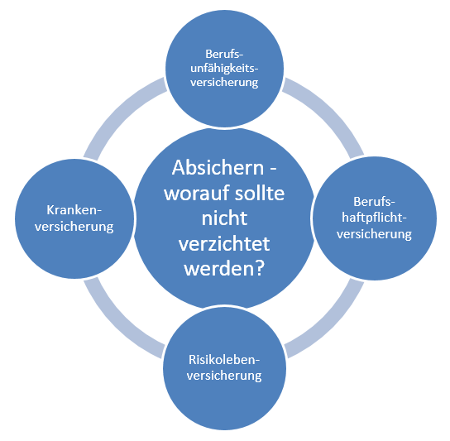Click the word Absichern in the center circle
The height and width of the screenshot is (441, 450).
pos(218,168)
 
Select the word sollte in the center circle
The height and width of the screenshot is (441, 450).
pos(260,193)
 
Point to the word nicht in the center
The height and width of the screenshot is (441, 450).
pos(224,218)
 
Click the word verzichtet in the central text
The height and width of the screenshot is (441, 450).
pos(224,244)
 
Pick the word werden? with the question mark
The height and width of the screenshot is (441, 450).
pos(224,269)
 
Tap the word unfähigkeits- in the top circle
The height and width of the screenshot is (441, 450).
pos(224,70)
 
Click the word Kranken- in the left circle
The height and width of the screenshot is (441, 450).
pos(74,210)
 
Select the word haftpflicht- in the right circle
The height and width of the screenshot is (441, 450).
pos(374,218)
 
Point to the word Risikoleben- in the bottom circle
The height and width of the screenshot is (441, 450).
pos(224,360)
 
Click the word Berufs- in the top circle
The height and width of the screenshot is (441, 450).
pos(224,54)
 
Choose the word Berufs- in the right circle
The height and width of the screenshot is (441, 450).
pos(374,202)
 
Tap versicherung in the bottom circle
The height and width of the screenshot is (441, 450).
pos(224,376)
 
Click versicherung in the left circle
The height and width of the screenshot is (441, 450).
pos(74,227)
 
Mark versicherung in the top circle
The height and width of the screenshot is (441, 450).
pos(224,83)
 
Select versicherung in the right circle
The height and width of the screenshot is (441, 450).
pos(374,234)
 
